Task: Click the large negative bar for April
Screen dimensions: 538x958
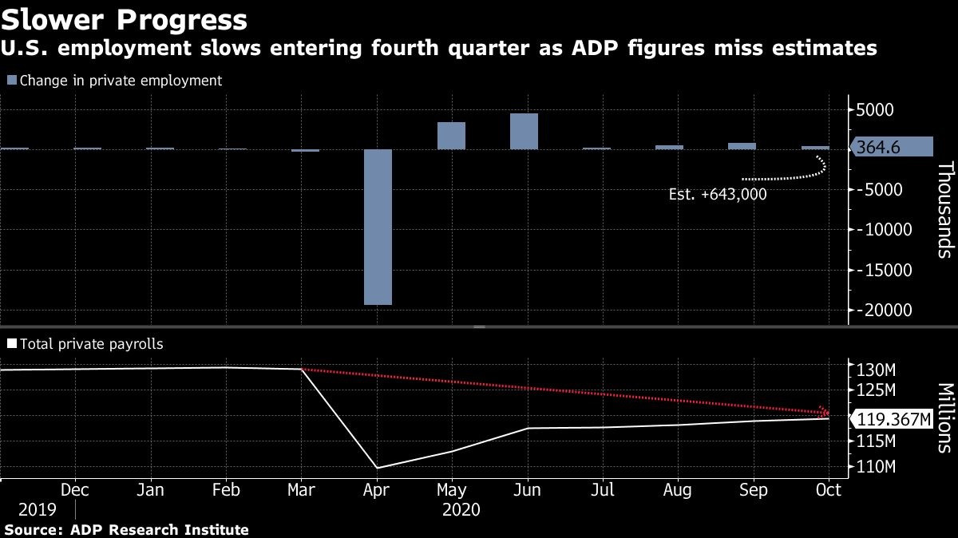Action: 378,227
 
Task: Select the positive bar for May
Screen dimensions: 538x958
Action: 451,136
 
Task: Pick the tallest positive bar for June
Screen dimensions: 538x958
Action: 524,132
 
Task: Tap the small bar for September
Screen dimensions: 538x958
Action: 742,146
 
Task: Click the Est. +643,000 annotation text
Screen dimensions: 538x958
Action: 717,194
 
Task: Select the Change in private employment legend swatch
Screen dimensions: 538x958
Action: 11,81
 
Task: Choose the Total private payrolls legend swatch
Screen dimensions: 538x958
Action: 11,345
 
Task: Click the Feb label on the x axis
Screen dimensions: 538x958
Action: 227,489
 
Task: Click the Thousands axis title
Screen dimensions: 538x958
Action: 945,209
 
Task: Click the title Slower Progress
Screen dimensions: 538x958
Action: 124,18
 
